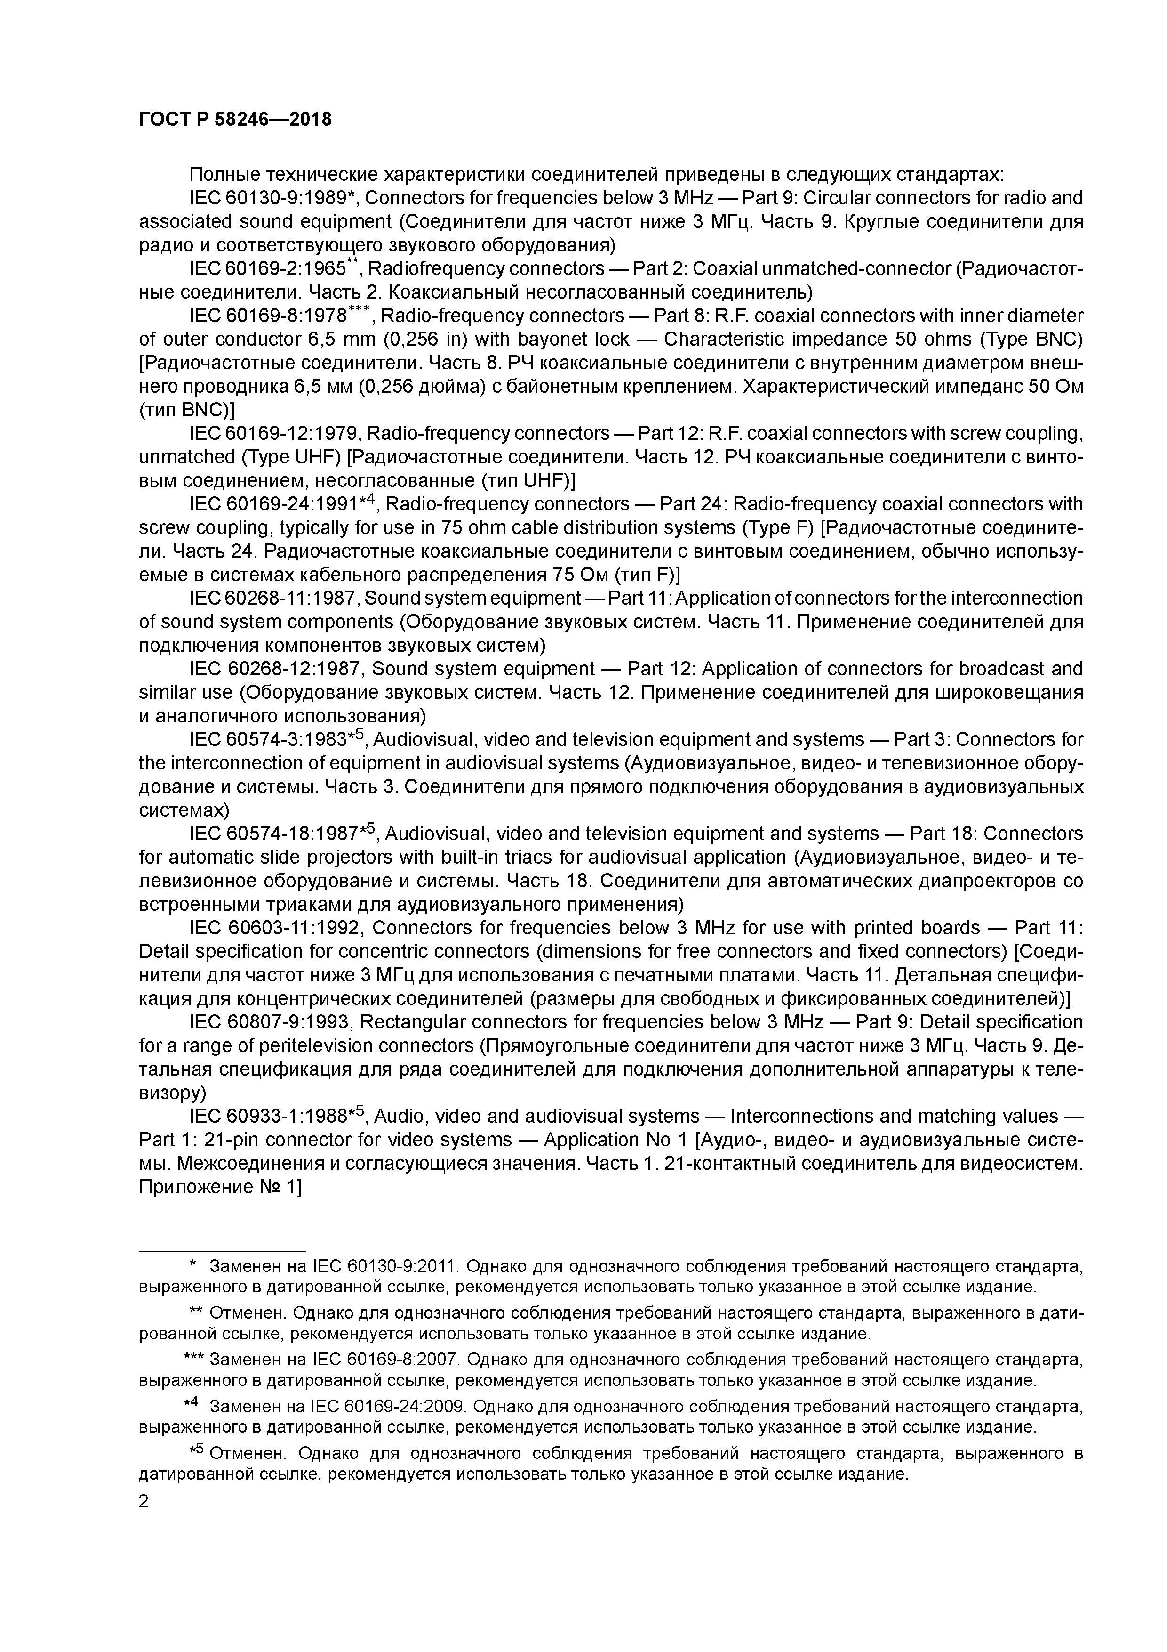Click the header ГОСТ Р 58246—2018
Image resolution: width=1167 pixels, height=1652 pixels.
click(x=235, y=120)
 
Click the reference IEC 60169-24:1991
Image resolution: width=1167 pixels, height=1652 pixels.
click(x=272, y=504)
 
